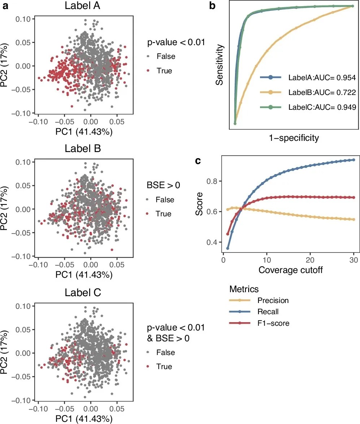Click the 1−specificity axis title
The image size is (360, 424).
(x=294, y=138)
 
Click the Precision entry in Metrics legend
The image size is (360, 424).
(x=273, y=300)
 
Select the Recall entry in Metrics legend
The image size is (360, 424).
(x=268, y=312)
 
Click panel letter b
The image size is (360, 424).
(x=212, y=5)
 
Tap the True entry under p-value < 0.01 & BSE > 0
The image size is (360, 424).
(x=164, y=367)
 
